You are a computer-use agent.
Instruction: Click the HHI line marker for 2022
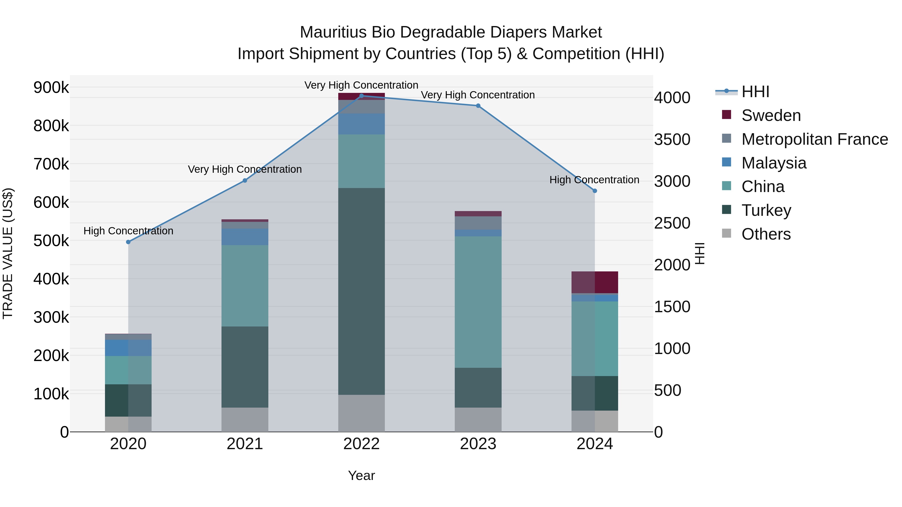[x=361, y=96]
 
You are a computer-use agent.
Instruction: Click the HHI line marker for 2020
[x=128, y=242]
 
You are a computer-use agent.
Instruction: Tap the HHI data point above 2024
[x=595, y=191]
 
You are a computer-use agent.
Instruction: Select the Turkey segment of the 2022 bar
[x=361, y=291]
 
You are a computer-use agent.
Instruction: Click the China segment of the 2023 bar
[x=478, y=302]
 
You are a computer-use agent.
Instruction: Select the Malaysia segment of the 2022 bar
[x=361, y=124]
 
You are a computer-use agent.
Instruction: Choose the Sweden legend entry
[x=771, y=115]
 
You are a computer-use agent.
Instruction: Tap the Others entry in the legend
[x=766, y=234]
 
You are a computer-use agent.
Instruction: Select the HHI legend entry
[x=755, y=92]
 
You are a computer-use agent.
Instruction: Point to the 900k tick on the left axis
[x=51, y=87]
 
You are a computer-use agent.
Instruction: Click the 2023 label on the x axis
[x=478, y=444]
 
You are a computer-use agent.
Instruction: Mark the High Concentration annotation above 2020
[x=128, y=231]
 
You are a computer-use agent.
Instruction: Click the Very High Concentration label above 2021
[x=245, y=169]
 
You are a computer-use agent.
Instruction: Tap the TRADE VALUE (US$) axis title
[x=8, y=253]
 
